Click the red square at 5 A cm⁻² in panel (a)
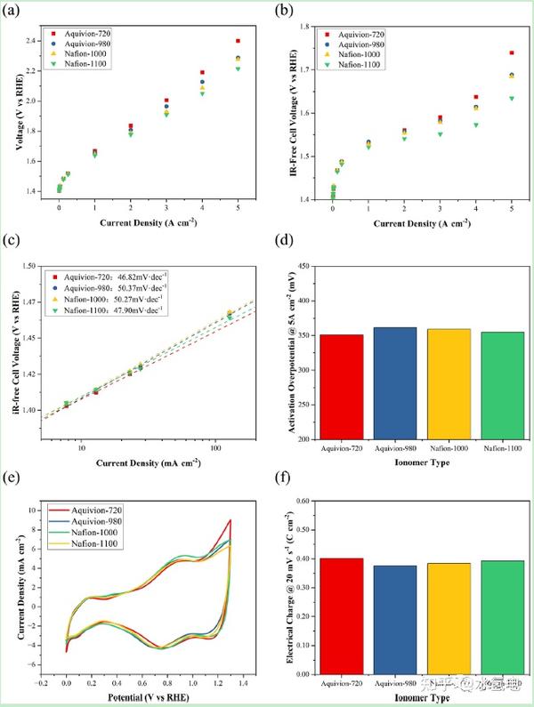point(238,41)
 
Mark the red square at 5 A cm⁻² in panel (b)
point(511,53)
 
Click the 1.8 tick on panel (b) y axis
point(305,27)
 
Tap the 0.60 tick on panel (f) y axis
point(304,502)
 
